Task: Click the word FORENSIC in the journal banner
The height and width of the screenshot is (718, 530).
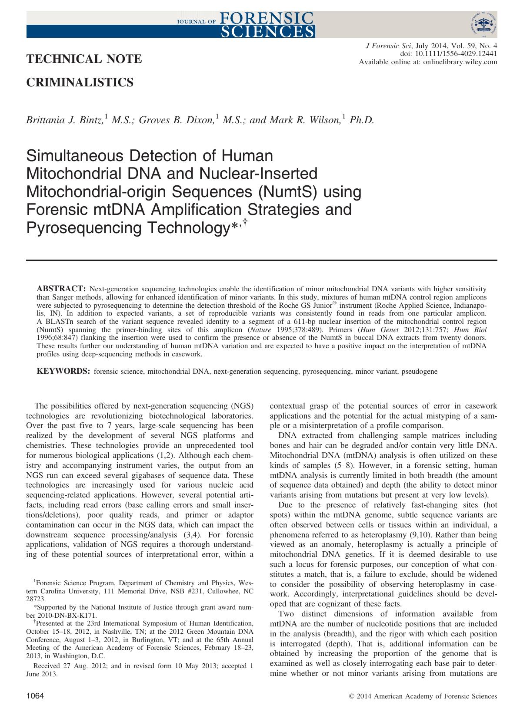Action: click(x=267, y=18)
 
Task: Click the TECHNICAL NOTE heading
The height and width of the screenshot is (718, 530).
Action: click(x=84, y=59)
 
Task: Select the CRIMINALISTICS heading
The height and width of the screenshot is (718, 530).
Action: click(x=80, y=82)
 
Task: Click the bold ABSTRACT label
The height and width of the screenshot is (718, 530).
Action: click(x=60, y=289)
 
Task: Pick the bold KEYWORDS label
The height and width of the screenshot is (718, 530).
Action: click(x=63, y=372)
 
